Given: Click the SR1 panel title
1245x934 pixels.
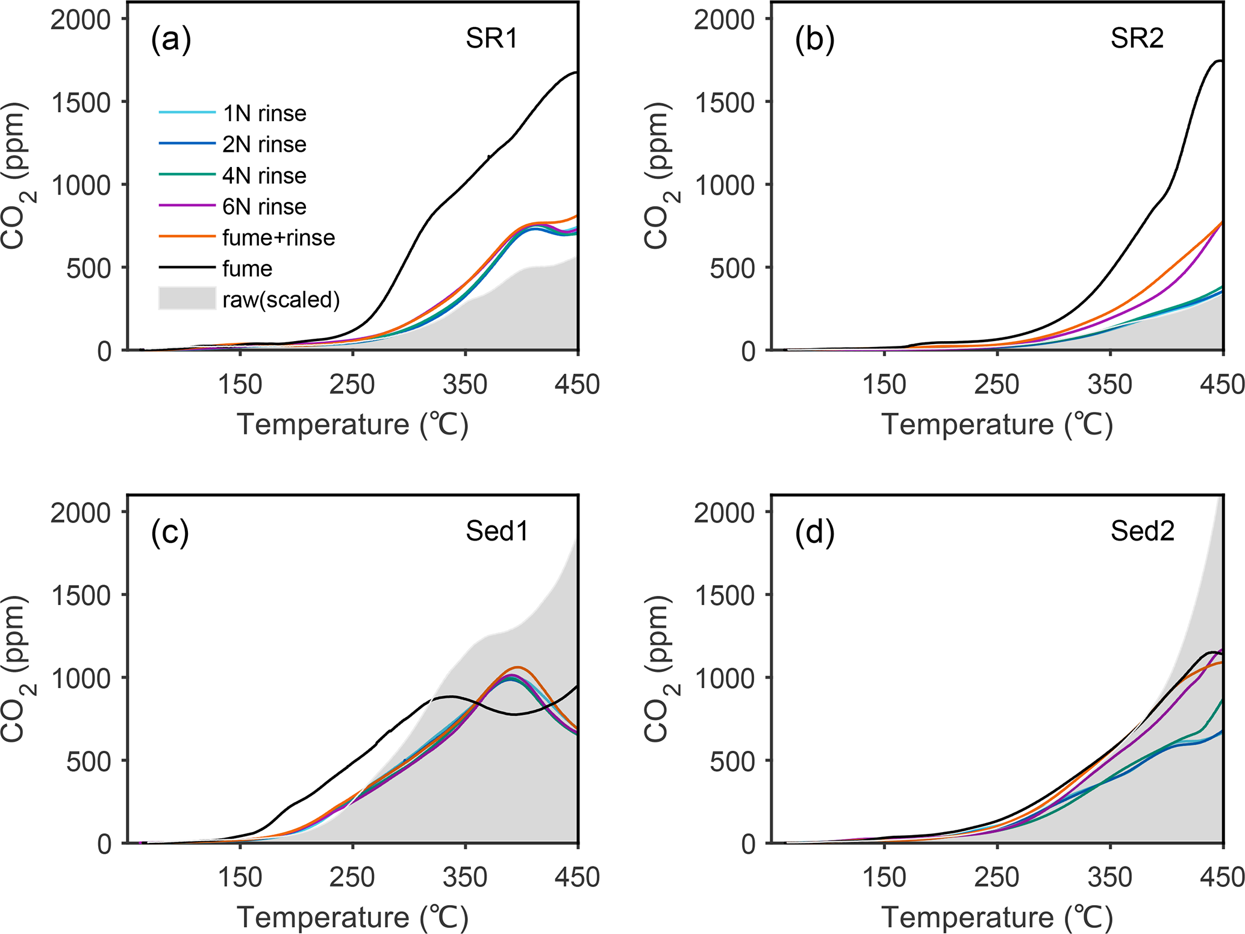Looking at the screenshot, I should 491,39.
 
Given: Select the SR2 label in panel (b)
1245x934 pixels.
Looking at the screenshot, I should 1137,39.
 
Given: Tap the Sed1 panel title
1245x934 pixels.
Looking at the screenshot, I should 497,531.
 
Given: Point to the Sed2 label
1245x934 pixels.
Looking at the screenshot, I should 1142,531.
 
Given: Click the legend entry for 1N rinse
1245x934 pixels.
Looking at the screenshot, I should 264,113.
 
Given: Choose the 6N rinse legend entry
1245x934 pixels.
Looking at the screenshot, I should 264,207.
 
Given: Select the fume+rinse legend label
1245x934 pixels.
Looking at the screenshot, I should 278,237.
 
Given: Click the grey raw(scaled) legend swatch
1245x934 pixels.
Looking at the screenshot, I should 187,299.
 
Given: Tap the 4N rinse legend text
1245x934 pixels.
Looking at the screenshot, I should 264,175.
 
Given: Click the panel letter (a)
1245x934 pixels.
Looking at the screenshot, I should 171,40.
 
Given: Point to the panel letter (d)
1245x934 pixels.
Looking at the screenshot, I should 814,533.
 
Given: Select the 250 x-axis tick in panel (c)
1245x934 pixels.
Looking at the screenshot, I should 352,877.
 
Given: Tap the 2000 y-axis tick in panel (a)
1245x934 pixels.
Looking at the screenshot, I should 81,19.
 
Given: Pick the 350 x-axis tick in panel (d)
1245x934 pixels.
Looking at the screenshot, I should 1109,877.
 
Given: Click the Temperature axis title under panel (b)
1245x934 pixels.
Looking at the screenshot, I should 997,424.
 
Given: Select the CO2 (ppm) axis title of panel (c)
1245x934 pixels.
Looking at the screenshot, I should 14,669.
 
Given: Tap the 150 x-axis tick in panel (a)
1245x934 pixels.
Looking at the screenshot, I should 240,384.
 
